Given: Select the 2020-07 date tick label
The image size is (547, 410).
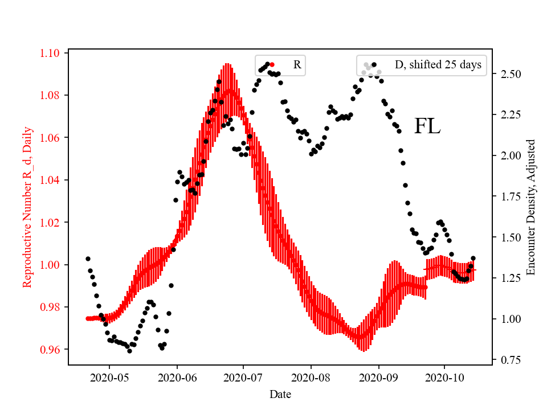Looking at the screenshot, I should coord(243,378).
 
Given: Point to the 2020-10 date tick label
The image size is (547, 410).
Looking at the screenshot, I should coord(444,378).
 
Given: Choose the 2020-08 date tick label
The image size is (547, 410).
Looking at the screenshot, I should coord(311,378).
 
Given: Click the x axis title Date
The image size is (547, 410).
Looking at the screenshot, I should coord(280,393).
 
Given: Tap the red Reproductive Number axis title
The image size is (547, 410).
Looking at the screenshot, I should coord(27,207).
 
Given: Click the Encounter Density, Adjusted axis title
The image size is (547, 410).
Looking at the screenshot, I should coord(531,207).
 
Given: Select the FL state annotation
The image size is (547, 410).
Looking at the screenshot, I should coord(427,126).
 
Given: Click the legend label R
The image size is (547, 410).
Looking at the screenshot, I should coord(297,65).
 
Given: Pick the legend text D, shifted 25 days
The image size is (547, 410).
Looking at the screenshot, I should coord(438,65).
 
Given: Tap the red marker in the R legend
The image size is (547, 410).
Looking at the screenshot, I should coord(272,65).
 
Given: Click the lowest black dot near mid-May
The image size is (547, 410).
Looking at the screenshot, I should coord(129,351).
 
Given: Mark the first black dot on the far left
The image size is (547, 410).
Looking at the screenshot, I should coord(88,259).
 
